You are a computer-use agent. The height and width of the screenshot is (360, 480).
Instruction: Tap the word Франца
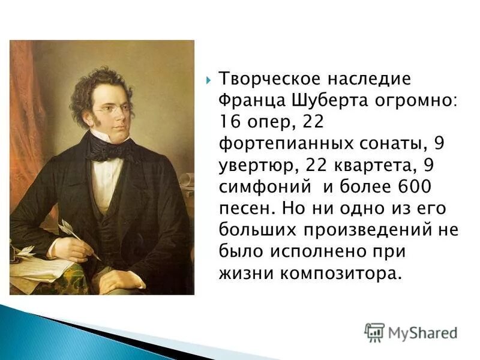coord(248,101)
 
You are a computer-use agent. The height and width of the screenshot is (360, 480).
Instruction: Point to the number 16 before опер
coord(228,122)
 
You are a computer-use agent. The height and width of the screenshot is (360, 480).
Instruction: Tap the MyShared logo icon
coord(374,332)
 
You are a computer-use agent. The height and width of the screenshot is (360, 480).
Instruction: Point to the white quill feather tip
coord(64,226)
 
